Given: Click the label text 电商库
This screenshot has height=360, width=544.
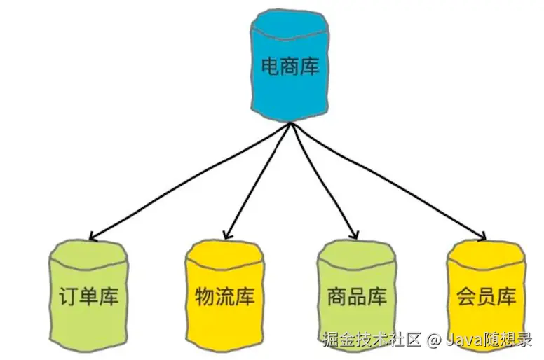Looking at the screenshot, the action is pyautogui.click(x=289, y=67).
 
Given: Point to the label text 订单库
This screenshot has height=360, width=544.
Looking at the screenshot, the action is pyautogui.click(x=88, y=297).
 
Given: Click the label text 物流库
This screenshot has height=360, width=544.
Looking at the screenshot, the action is pyautogui.click(x=224, y=297).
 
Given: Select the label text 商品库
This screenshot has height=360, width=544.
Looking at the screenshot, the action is pyautogui.click(x=357, y=297).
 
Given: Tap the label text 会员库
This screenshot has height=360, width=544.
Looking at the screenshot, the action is pyautogui.click(x=486, y=297).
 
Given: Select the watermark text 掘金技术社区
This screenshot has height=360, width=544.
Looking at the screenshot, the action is pyautogui.click(x=372, y=341).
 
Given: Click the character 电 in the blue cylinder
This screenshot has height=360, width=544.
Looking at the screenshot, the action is pyautogui.click(x=270, y=67).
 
